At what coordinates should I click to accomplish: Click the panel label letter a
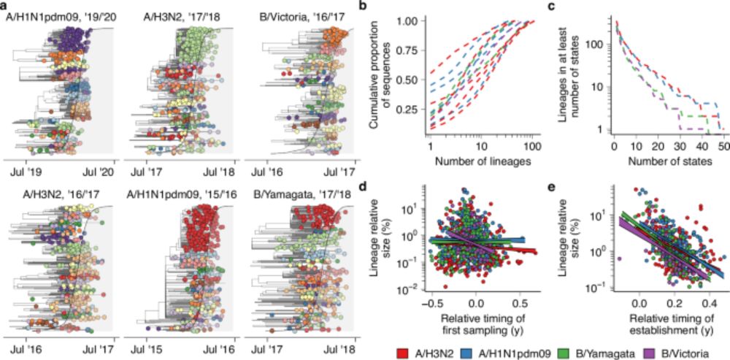coord(6,6)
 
